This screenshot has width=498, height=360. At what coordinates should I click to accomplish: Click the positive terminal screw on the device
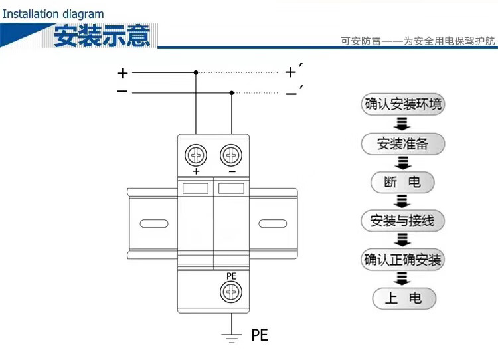[x=196, y=155]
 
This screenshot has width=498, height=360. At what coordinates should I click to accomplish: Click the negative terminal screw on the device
[x=231, y=155]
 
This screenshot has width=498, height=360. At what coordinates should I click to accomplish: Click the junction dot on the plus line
[x=196, y=72]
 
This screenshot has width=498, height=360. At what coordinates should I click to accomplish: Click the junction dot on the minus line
[x=231, y=92]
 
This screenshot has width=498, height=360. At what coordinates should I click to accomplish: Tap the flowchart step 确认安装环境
[x=402, y=105]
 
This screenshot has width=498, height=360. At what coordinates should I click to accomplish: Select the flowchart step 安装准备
[x=402, y=143]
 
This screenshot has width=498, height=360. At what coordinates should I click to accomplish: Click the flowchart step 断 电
[x=402, y=182]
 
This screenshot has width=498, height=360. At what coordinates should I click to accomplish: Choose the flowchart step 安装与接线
[x=402, y=221]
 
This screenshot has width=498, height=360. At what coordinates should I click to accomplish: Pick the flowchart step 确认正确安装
[x=402, y=259]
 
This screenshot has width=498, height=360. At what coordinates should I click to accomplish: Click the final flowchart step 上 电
[x=402, y=298]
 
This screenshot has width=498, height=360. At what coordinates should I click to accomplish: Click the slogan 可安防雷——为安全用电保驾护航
[x=418, y=41]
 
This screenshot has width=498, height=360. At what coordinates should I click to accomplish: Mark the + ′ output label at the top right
[x=293, y=71]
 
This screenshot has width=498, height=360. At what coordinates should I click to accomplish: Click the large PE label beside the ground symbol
[x=260, y=335]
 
